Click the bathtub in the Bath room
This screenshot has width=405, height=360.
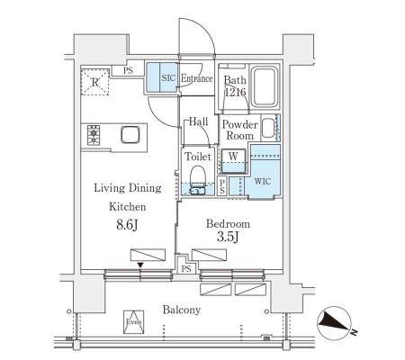pos(264,86)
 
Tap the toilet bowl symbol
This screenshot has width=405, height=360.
pos(198,180)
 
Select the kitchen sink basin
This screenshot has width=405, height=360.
pos(130,135)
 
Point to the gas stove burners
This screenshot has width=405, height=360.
pos(94,136)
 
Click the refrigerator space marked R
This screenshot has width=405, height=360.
pos(94,82)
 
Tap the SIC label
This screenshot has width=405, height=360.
pos(168,78)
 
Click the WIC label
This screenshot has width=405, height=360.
pos(263,181)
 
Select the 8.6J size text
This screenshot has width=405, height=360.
pos(127,225)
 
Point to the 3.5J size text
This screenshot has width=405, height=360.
pos(228,238)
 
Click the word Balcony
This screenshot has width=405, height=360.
pos(182,310)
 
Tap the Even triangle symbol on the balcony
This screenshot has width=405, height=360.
pos(133,321)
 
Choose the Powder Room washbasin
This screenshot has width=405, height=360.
pos(268,128)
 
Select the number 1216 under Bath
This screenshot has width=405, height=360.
pos(236,93)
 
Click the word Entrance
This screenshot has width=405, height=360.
pos(197,78)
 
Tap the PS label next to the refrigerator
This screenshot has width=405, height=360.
pos(128,71)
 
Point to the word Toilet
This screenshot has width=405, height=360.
pos(198,157)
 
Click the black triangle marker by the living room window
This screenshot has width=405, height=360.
pos(140,265)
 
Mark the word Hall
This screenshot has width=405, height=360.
pos(198,121)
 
